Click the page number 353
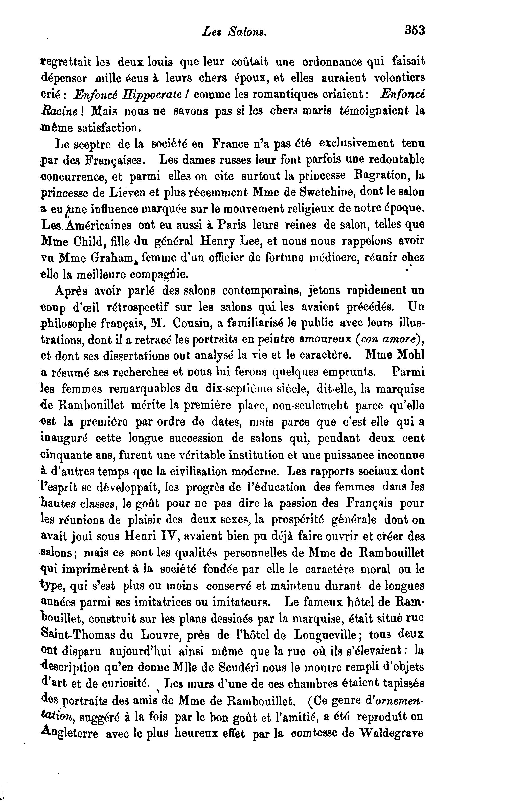point(415,30)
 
